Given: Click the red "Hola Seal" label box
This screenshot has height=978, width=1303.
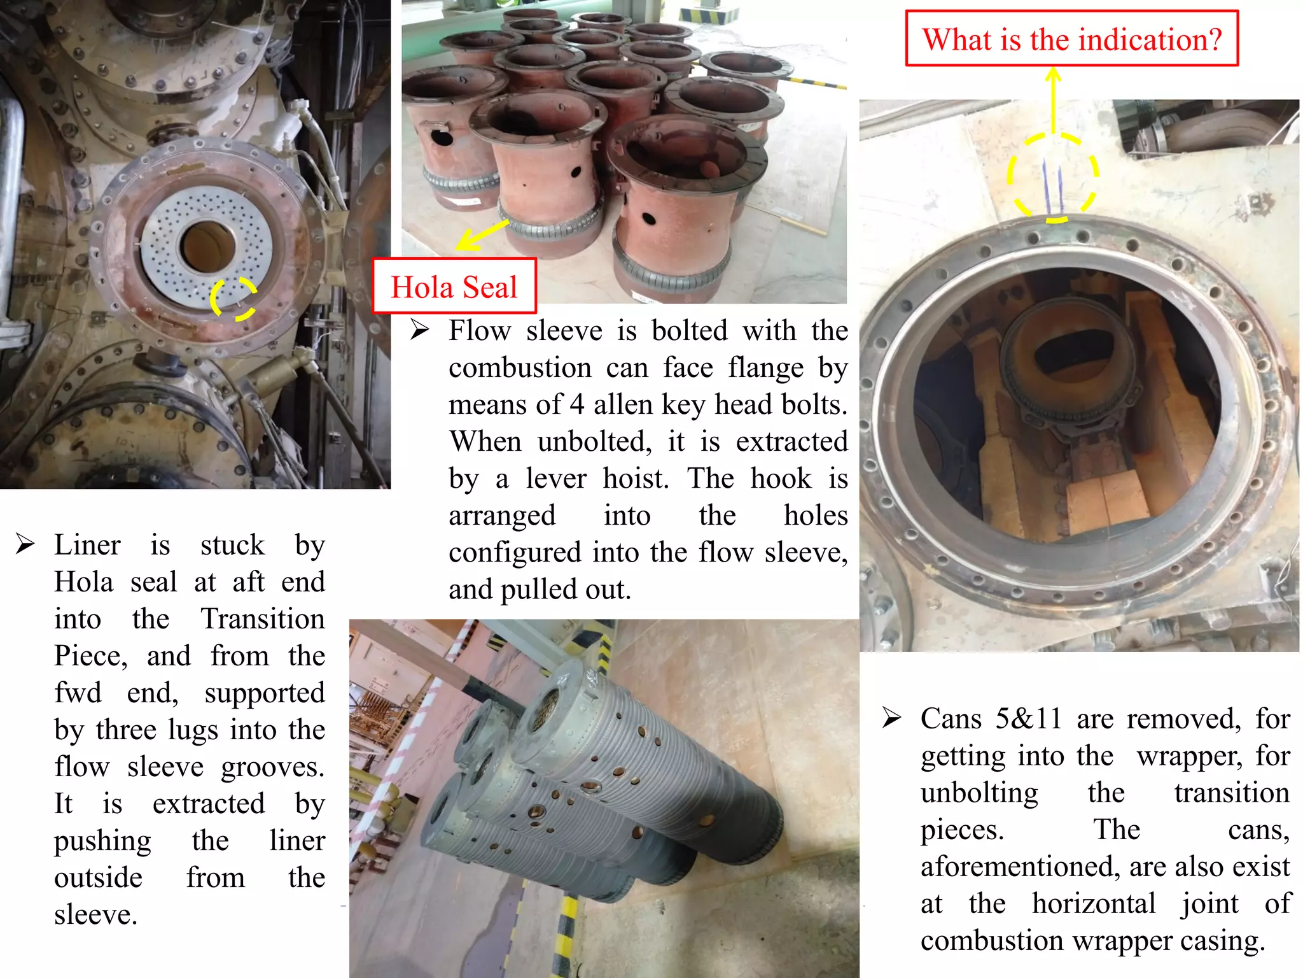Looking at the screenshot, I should tap(454, 286).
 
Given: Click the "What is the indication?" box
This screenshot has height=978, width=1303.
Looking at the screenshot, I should tap(1072, 39).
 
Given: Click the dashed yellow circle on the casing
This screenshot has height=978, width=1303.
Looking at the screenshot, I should tap(1052, 177).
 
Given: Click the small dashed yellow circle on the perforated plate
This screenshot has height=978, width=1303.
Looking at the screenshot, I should tap(233, 298).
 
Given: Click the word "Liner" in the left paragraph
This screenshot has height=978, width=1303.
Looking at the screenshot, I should tap(87, 545).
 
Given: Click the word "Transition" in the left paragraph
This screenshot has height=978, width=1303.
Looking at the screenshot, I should tap(263, 619).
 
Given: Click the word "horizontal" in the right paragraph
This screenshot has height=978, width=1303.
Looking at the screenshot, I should tap(1093, 904).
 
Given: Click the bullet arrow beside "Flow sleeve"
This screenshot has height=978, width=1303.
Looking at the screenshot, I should tap(419, 330).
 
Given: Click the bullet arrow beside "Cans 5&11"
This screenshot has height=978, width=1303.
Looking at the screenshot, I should tap(891, 718).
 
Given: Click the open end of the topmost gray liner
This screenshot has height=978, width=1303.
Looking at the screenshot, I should tap(546, 707).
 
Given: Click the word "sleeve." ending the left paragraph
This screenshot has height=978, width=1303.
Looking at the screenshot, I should tap(95, 915).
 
